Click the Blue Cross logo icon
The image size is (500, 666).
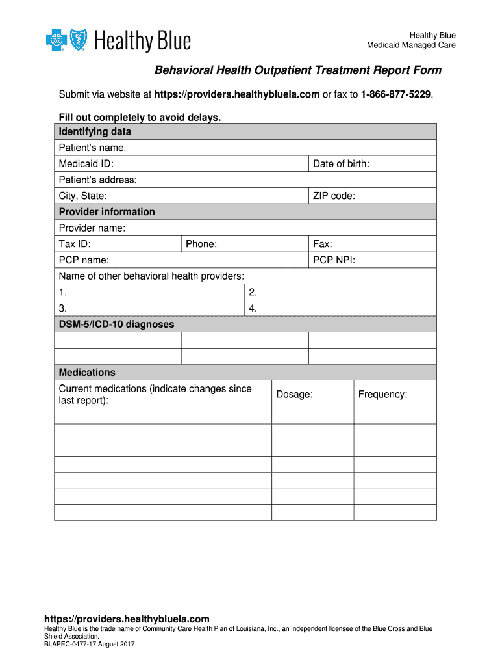(x=56, y=41)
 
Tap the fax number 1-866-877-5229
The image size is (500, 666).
(x=391, y=95)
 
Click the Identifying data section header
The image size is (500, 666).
(x=95, y=132)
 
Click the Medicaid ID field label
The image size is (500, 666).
(x=86, y=164)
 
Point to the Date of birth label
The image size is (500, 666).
(x=341, y=164)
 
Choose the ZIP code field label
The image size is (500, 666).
(x=334, y=196)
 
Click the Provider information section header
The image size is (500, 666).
(x=107, y=212)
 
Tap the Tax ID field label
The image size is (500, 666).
(x=75, y=245)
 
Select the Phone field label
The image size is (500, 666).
(x=201, y=245)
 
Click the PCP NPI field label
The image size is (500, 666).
(x=334, y=260)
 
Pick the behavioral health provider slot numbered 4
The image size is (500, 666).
(x=253, y=308)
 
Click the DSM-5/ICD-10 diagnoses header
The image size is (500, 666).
(x=116, y=325)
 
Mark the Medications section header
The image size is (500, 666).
(x=87, y=373)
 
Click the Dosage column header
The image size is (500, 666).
(x=294, y=395)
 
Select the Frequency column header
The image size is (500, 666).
(x=382, y=395)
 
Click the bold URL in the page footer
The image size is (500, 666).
(x=127, y=619)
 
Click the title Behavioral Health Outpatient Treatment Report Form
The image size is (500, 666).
(x=297, y=70)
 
